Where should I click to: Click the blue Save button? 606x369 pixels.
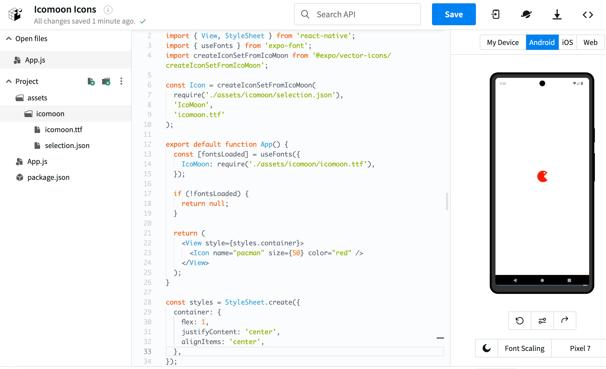[454, 14]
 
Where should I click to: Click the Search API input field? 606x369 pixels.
[358, 14]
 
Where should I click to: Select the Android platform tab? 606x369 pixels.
[542, 42]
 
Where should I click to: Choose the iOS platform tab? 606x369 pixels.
[567, 42]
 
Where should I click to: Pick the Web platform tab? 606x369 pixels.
[590, 42]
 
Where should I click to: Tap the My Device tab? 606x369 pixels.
[503, 42]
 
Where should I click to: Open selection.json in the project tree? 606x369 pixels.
[67, 145]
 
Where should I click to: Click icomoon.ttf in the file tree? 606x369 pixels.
[63, 129]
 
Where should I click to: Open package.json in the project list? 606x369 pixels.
[48, 177]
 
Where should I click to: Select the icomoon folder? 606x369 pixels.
[50, 113]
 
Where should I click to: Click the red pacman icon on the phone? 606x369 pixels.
[542, 176]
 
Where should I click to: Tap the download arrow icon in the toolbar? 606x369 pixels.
[557, 14]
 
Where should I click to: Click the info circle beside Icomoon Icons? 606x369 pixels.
[108, 10]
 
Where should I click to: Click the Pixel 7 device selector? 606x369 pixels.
[580, 348]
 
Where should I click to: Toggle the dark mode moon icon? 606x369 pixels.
[487, 348]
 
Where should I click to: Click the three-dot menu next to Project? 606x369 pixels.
[121, 81]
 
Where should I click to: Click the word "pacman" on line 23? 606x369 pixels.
[249, 253]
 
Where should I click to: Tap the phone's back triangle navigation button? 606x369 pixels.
[515, 280]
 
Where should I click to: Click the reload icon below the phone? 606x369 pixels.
[520, 320]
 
